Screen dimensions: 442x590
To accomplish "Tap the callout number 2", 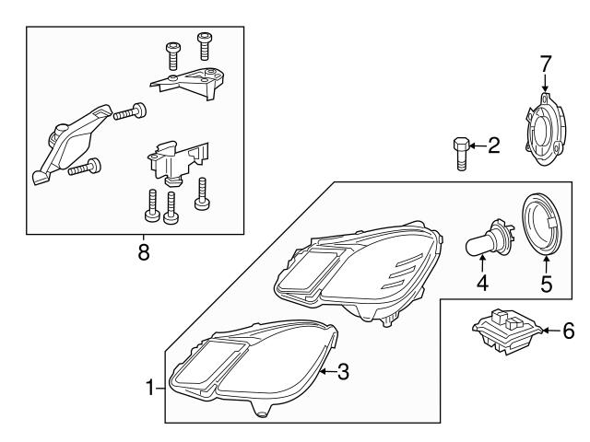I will [493, 145].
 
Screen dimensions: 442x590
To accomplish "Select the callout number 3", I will [342, 372].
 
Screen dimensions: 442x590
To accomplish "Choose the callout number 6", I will [568, 330].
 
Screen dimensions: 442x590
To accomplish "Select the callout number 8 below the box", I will [143, 252].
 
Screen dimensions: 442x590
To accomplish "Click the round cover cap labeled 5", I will [544, 226].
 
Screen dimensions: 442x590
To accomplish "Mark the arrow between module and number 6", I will [547, 330].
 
